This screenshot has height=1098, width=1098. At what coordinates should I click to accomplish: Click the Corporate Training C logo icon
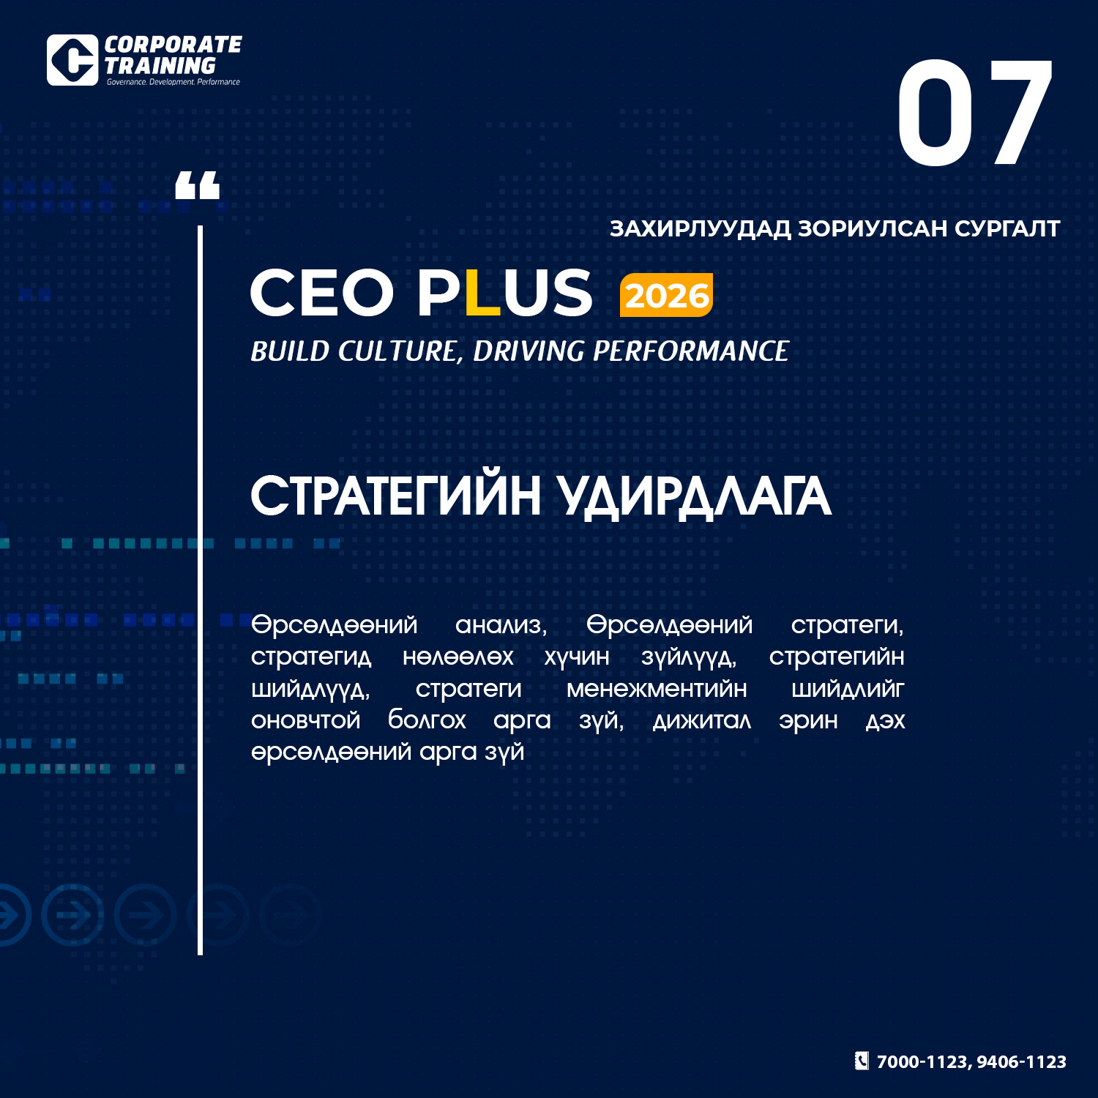[72, 60]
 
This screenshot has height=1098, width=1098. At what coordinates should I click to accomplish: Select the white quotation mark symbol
[198, 185]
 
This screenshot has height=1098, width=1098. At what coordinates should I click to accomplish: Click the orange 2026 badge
[666, 295]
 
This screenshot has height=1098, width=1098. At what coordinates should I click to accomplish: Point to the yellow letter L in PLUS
[482, 293]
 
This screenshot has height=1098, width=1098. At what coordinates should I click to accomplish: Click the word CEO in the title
[322, 293]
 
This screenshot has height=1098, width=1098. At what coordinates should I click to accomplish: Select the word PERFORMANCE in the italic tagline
[690, 351]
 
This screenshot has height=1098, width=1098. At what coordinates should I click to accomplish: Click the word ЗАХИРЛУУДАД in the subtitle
[701, 229]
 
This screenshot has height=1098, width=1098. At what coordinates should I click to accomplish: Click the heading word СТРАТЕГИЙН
[396, 496]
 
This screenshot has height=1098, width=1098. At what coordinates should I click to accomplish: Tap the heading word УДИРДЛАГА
[695, 497]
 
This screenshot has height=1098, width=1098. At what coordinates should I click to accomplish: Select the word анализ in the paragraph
[501, 625]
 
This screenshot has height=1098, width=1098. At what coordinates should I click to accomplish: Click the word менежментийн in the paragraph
[657, 689]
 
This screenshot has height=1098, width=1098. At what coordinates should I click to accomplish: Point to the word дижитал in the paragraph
[702, 721]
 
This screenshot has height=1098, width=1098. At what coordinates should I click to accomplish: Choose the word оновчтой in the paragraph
[306, 720]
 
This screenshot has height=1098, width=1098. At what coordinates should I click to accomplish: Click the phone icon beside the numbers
[862, 1061]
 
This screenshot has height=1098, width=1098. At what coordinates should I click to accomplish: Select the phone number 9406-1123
[1021, 1062]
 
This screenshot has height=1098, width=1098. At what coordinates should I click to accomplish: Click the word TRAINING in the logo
[160, 66]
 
